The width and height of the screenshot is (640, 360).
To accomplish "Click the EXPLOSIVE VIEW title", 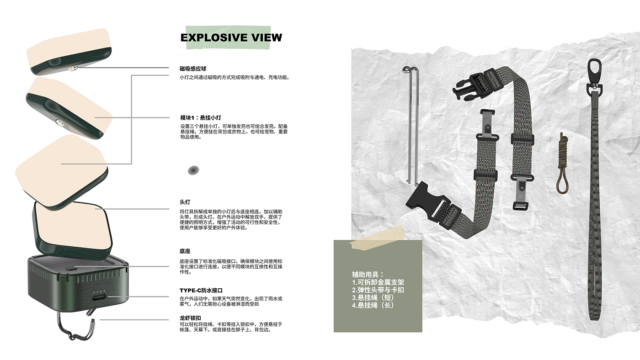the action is [231, 37].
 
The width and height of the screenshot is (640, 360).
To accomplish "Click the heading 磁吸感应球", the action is [193, 69].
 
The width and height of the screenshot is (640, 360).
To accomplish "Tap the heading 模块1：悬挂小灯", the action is [201, 117].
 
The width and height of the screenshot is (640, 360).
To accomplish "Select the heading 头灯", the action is [185, 201].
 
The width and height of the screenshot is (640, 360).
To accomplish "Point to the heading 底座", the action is [185, 251].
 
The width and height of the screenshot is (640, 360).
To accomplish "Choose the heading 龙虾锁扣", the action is [190, 318].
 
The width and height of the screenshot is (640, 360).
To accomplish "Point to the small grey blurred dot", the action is [194, 170].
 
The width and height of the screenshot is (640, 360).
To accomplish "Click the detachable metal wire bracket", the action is [411, 123].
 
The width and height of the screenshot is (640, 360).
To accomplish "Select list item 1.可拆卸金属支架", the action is [378, 282].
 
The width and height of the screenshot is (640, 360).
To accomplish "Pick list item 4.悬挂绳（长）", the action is [373, 305].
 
